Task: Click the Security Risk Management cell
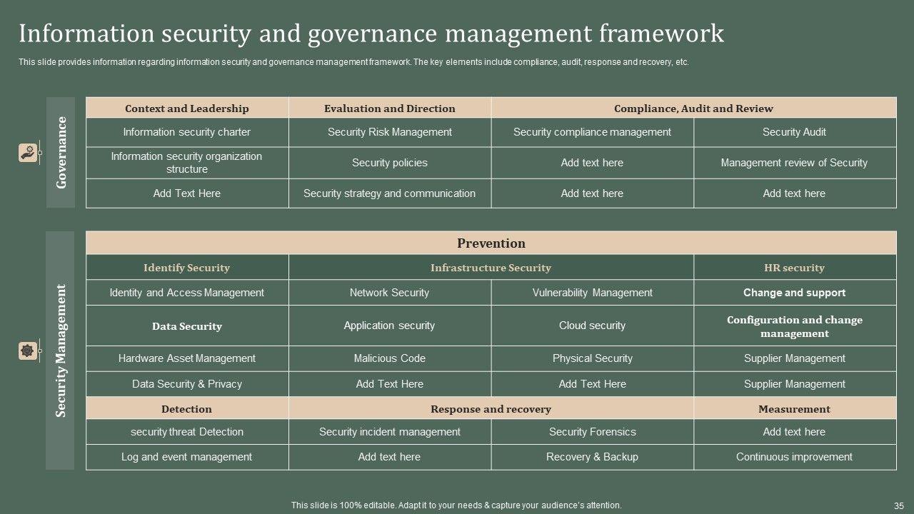(390, 132)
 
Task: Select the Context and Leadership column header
(187, 109)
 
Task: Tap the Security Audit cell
(794, 132)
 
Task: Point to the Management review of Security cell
(794, 163)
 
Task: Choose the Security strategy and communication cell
(390, 193)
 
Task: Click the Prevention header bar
(491, 243)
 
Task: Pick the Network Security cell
(390, 293)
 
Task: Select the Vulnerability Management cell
(592, 293)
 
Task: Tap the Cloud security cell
(592, 326)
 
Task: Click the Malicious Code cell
(390, 358)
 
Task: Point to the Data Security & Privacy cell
(187, 384)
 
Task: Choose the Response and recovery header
(491, 409)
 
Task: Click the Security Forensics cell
(592, 432)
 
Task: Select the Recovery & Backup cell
(592, 457)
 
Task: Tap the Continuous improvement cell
(794, 457)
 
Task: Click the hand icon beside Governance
(27, 153)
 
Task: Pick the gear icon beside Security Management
(27, 351)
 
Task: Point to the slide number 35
(898, 505)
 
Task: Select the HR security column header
(794, 268)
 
